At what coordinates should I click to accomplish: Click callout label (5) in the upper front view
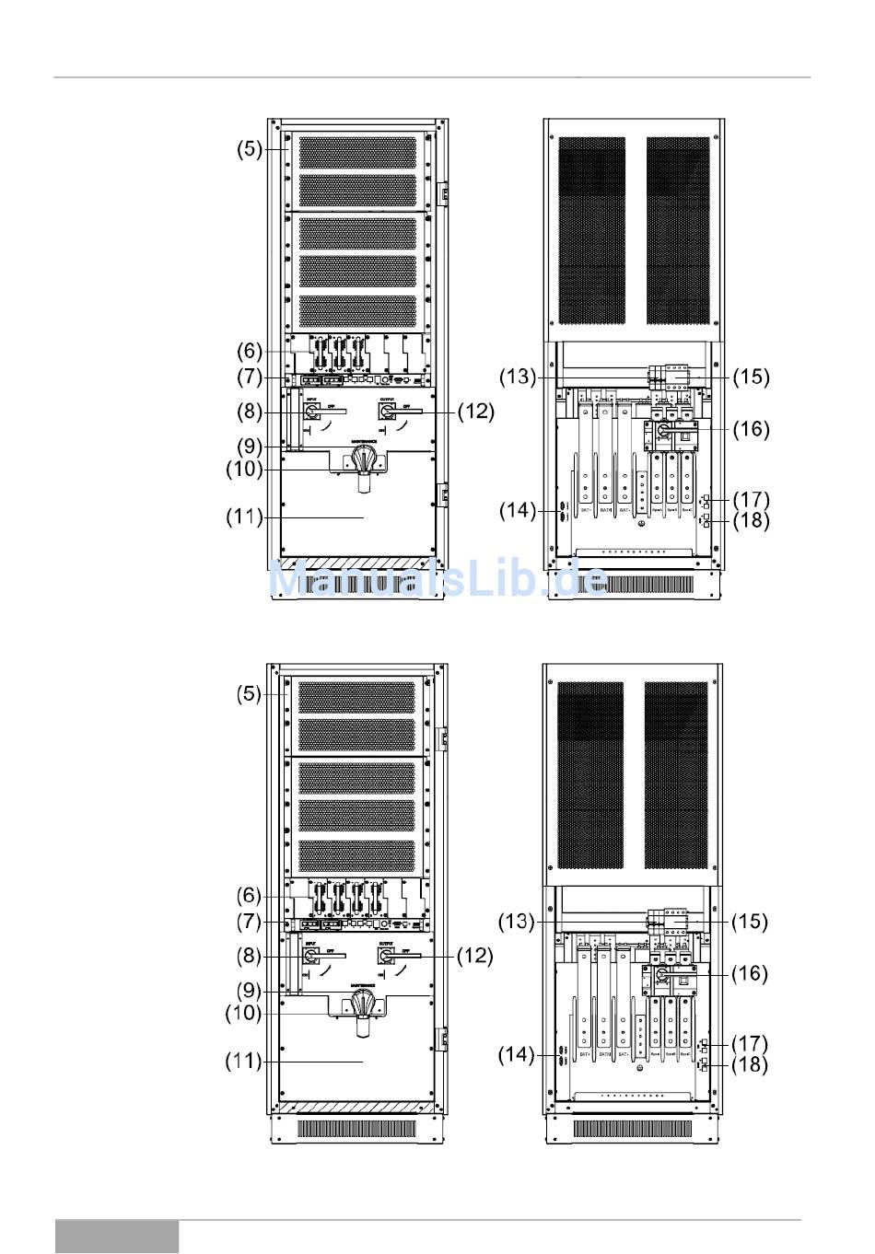250,149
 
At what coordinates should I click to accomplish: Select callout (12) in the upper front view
475,412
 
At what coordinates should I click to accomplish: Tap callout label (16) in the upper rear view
751,429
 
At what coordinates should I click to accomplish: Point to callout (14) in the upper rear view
518,510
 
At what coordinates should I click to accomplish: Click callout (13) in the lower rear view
517,922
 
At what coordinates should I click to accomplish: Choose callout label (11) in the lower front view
244,1062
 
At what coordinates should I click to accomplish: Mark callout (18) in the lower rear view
750,1065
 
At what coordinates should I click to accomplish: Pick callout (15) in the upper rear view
751,377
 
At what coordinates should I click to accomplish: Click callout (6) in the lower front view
250,896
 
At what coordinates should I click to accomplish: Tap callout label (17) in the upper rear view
751,500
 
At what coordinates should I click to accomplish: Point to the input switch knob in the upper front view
312,412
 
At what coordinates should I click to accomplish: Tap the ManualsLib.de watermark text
438,581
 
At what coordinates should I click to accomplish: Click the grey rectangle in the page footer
117,1237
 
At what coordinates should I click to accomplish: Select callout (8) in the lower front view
250,957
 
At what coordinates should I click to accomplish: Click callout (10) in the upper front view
244,470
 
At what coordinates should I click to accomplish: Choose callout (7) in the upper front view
250,377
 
